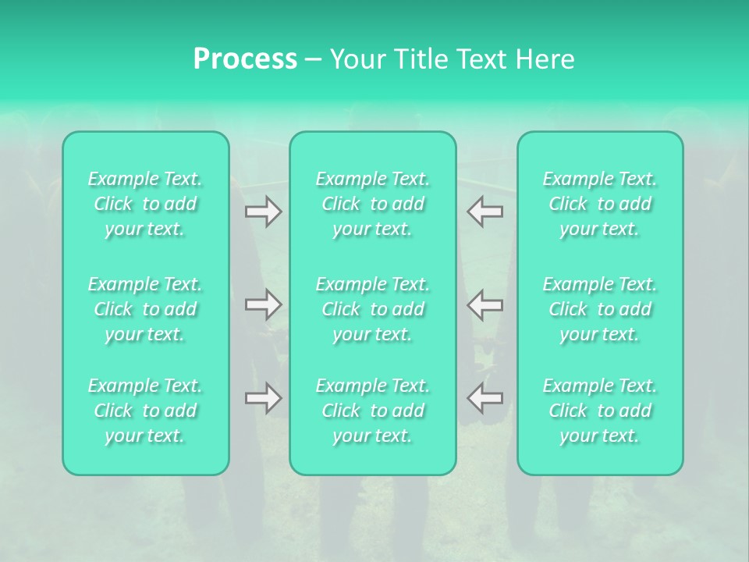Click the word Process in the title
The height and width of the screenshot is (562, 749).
(245, 59)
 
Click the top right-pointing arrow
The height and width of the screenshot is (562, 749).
(263, 212)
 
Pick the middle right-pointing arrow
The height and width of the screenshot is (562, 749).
(263, 304)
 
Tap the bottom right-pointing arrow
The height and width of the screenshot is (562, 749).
(263, 398)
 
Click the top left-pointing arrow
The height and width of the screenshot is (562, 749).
(485, 212)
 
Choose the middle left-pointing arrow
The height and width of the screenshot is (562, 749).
(485, 304)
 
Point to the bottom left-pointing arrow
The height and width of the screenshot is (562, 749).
(485, 398)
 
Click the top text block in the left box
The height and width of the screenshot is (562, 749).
(145, 204)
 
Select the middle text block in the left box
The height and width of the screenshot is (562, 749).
(145, 309)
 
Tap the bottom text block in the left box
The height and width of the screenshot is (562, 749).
(145, 411)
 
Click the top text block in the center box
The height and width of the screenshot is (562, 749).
(373, 204)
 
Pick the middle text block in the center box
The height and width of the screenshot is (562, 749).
(373, 309)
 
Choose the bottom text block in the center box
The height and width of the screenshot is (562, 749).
(373, 411)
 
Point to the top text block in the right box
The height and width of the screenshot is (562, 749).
(600, 204)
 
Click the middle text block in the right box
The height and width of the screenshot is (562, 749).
(600, 309)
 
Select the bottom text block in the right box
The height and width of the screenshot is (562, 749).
(600, 411)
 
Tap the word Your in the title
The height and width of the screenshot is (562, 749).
(355, 59)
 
